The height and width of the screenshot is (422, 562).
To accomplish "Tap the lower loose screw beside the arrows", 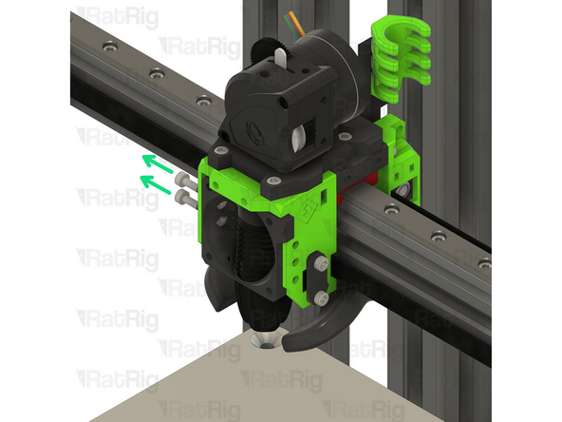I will point(185,196).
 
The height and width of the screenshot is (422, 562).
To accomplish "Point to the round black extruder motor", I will point(328,57).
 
